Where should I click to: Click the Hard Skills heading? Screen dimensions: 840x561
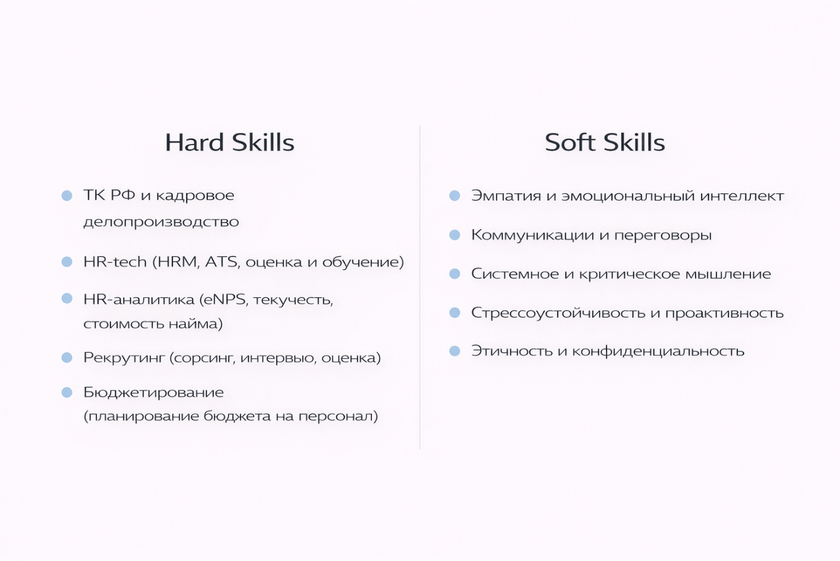click(x=230, y=142)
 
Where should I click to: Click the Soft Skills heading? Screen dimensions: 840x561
click(x=605, y=142)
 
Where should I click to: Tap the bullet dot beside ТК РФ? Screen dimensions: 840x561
click(x=67, y=196)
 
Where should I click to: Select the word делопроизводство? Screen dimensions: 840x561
click(x=161, y=221)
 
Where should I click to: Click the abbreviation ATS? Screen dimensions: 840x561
click(x=222, y=262)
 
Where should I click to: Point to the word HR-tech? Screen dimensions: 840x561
click(x=115, y=262)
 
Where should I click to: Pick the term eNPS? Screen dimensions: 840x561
click(x=224, y=300)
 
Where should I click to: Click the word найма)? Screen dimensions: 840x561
click(x=196, y=324)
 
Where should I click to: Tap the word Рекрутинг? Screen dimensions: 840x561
click(x=124, y=358)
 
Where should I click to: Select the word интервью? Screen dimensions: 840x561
click(x=278, y=358)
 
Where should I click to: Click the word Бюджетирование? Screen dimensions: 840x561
click(x=153, y=393)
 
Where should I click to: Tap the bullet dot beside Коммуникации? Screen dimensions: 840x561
click(x=455, y=235)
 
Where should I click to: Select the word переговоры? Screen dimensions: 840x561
click(x=663, y=236)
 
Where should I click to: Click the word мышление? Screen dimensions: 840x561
click(x=728, y=274)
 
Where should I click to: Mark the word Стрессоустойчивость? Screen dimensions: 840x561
click(x=559, y=313)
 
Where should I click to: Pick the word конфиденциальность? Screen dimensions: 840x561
click(x=658, y=351)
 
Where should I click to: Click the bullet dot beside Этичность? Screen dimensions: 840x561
click(x=455, y=351)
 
